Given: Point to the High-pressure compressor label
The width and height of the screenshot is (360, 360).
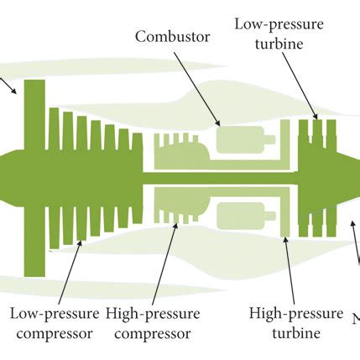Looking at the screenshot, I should pos(153,323).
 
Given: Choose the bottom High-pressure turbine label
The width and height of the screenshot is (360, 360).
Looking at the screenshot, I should pos(296,323).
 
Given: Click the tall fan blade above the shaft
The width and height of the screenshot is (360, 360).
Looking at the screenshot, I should pos(34,113).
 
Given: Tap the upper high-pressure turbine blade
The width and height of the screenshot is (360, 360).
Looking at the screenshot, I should pos(285,143).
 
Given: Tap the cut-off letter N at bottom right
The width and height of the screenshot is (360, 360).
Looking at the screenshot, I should pos(355,320).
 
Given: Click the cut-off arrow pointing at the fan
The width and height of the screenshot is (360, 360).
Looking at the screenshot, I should pos(8,85).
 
